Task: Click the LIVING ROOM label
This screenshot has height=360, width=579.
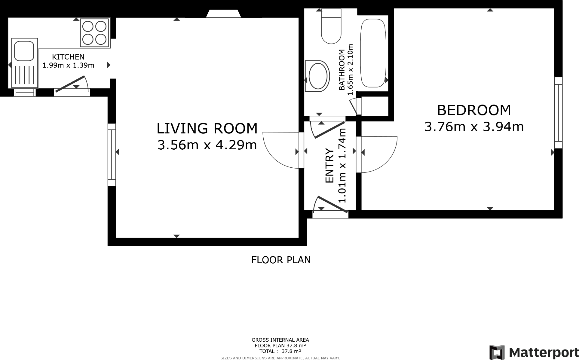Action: click(207, 128)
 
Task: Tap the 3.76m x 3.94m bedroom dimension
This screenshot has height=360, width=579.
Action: click(474, 127)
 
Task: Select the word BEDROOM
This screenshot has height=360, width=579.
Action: click(474, 110)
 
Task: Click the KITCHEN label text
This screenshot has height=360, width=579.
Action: click(68, 57)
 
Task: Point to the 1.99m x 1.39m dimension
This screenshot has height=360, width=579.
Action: click(68, 65)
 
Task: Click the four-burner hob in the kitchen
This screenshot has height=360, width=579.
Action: click(95, 33)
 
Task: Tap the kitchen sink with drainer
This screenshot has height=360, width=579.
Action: click(25, 63)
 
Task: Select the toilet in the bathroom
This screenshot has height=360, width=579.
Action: click(331, 27)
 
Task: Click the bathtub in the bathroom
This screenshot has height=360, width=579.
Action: click(373, 53)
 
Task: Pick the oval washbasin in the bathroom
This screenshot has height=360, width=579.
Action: click(317, 76)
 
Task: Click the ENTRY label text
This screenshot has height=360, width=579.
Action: click(330, 166)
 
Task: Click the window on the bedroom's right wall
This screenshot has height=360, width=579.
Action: click(558, 113)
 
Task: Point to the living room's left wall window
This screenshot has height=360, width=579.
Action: click(112, 154)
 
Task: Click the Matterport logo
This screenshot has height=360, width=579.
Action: click(534, 352)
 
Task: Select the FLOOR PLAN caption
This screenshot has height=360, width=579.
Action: click(281, 260)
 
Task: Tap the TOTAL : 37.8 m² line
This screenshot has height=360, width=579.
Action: click(280, 351)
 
